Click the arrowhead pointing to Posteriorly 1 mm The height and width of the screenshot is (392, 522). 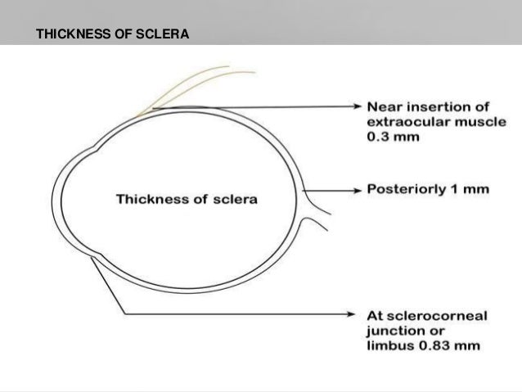[358, 191]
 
